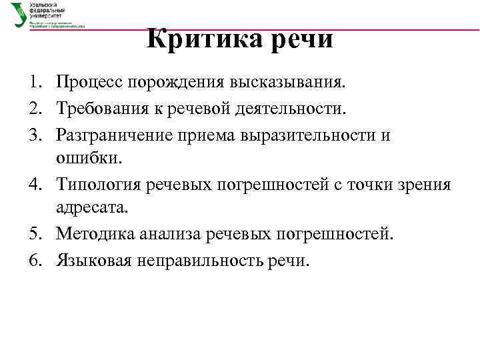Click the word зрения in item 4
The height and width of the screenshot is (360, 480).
pyautogui.click(x=427, y=184)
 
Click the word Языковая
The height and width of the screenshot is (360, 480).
pyautogui.click(x=93, y=259)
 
